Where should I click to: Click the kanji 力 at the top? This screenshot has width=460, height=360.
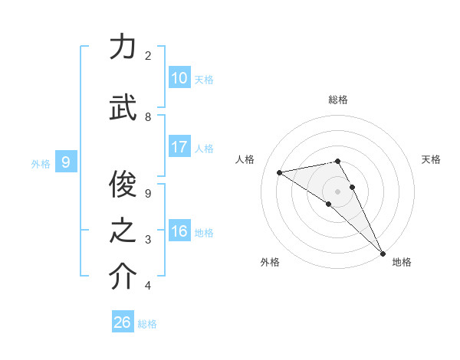[123, 47]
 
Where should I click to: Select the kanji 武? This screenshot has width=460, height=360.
[123, 106]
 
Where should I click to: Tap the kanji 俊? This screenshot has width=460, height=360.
[123, 182]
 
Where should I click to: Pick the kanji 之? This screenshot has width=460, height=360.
[123, 231]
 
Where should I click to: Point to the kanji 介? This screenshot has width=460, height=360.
[123, 277]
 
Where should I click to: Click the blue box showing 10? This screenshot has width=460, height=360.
[179, 78]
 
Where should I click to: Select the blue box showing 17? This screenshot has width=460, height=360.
[179, 147]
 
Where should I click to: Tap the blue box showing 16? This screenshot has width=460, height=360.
[179, 231]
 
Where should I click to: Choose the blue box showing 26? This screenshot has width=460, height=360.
[123, 322]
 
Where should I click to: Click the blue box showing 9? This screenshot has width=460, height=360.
[66, 162]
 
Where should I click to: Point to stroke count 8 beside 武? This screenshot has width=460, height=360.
[148, 117]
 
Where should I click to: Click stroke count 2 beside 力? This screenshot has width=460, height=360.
[148, 56]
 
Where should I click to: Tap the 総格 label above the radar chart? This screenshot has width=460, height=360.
[338, 100]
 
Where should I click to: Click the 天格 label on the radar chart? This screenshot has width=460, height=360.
[431, 159]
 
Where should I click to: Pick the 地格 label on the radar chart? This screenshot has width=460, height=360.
[402, 262]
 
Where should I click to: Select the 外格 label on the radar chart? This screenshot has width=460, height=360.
[270, 262]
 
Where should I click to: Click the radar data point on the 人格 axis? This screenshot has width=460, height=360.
[279, 172]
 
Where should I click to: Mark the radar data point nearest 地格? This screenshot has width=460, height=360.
[383, 253]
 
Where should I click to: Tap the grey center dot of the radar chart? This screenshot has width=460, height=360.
[337, 191]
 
